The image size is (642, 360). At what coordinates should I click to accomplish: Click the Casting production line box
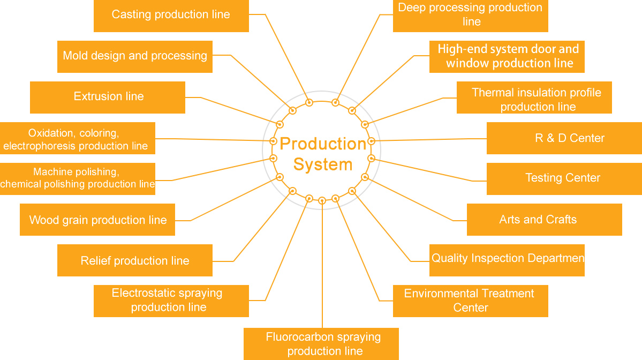pyautogui.click(x=171, y=16)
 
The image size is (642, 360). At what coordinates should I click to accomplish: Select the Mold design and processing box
pyautogui.click(x=135, y=56)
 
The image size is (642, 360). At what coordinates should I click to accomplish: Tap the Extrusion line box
pyautogui.click(x=108, y=97)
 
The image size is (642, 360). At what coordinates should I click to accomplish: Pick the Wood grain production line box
pyautogui.click(x=97, y=220)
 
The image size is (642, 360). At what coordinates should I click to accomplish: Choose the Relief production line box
pyautogui.click(x=135, y=260)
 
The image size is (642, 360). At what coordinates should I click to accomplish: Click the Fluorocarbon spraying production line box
pyautogui.click(x=321, y=344)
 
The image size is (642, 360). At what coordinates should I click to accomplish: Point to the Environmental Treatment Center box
pyautogui.click(x=470, y=301)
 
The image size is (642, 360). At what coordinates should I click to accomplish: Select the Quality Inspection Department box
pyautogui.click(x=507, y=260)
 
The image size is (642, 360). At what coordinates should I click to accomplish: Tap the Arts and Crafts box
pyautogui.click(x=544, y=220)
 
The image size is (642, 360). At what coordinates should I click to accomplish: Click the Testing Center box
pyautogui.click(x=564, y=178)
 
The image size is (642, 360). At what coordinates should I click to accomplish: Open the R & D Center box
pyautogui.click(x=564, y=138)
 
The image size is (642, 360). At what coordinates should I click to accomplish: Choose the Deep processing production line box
pyautogui.click(x=470, y=16)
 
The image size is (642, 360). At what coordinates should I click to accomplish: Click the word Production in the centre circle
pyautogui.click(x=323, y=144)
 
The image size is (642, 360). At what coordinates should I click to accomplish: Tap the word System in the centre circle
pyautogui.click(x=323, y=164)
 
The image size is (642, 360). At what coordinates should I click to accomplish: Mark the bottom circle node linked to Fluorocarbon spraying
pyautogui.click(x=322, y=201)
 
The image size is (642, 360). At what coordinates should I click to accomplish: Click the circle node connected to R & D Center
pyautogui.click(x=372, y=141)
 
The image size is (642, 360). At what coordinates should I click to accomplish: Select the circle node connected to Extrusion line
pyautogui.click(x=280, y=124)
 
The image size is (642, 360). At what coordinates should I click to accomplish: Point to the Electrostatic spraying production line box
pyautogui.click(x=171, y=301)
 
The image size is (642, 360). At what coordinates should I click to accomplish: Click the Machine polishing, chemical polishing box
pyautogui.click(x=78, y=178)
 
